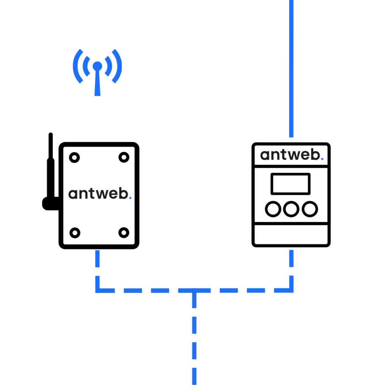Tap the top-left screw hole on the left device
74,157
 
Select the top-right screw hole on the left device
124,157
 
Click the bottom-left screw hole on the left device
75,233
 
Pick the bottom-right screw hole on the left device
124,233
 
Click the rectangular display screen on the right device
291,184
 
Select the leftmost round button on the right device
273,209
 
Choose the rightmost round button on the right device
310,209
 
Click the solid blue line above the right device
291,68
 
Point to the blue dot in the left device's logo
130,197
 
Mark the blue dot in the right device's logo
322,159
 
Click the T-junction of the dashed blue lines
194,291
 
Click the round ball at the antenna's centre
97,66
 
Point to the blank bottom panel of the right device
291,235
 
